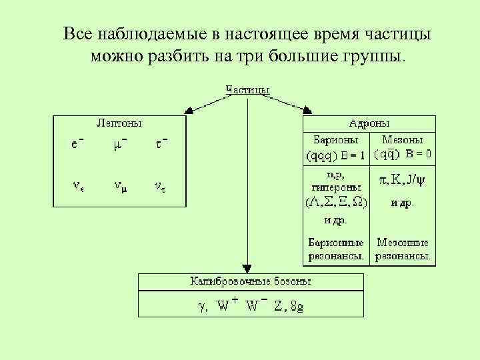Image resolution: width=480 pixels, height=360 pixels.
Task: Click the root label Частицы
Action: (x=248, y=90)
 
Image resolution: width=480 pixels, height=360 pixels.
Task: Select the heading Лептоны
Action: (x=119, y=123)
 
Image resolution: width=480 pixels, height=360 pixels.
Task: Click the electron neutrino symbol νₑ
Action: (x=78, y=187)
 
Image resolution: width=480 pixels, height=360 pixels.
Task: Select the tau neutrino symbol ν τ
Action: (x=160, y=187)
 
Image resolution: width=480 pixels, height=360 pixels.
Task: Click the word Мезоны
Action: (x=402, y=141)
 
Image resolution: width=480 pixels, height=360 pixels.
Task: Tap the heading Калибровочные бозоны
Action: (x=251, y=281)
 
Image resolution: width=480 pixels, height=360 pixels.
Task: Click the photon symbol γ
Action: (x=201, y=307)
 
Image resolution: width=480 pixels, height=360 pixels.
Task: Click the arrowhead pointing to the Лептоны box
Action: (x=189, y=110)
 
